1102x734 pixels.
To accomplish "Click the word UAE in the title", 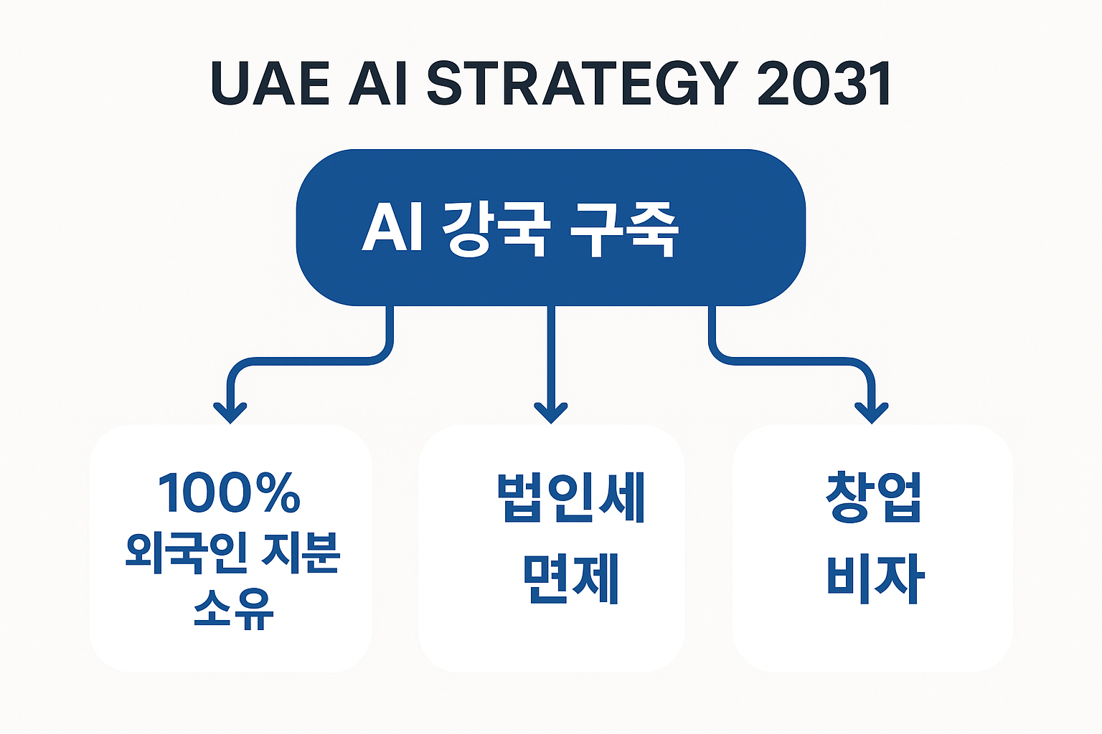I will pyautogui.click(x=270, y=84).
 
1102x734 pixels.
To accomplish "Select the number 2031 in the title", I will pyautogui.click(x=824, y=84).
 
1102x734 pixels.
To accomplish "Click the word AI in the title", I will pyautogui.click(x=378, y=84).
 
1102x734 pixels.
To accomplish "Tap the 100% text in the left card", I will pyautogui.click(x=229, y=493).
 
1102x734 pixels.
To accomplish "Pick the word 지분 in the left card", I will pyautogui.click(x=301, y=553).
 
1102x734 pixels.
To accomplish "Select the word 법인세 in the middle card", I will pyautogui.click(x=570, y=497).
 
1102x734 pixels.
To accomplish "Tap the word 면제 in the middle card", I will pyautogui.click(x=570, y=578).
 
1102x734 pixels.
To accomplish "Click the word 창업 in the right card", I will pyautogui.click(x=873, y=497).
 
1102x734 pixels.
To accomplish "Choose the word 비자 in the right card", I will pyautogui.click(x=875, y=578).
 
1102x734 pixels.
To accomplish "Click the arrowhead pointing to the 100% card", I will pyautogui.click(x=230, y=414).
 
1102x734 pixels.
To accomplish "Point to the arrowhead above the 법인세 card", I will pyautogui.click(x=551, y=414).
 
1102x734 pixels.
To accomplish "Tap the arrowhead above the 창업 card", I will pyautogui.click(x=872, y=414).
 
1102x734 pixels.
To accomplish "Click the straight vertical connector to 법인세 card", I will pyautogui.click(x=551, y=351).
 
